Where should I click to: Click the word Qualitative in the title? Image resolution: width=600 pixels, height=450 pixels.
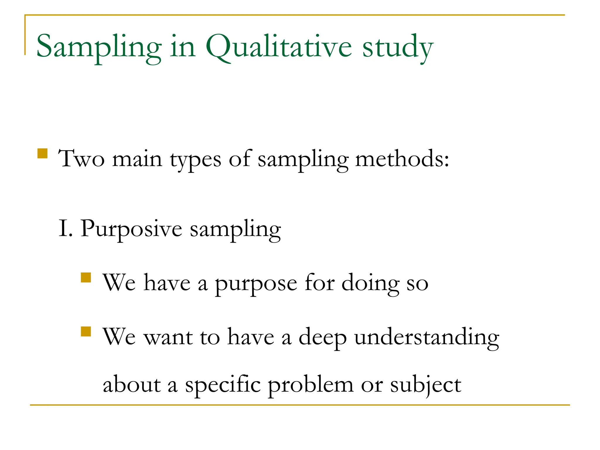[x=278, y=47]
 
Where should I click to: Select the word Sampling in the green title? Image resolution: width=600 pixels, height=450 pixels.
[x=99, y=47]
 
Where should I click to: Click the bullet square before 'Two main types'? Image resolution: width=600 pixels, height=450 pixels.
[x=43, y=154]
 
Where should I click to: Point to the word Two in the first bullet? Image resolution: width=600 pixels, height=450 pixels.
[x=81, y=159]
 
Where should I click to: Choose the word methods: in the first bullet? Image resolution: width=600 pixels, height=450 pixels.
[x=402, y=159]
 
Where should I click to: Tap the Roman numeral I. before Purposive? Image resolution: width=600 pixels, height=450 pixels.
[x=65, y=229]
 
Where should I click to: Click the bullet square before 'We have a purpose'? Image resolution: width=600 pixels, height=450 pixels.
[x=86, y=277]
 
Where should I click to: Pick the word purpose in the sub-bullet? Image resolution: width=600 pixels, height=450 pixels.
[x=256, y=284]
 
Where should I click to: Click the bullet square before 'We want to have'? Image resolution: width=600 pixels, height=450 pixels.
[x=86, y=331]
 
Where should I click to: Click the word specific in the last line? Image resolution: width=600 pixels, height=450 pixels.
[x=223, y=385]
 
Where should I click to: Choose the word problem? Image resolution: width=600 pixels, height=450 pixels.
[x=311, y=385]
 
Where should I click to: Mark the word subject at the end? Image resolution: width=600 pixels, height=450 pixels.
[x=426, y=385]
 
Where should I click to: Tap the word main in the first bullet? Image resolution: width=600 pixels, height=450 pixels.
[x=137, y=159]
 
